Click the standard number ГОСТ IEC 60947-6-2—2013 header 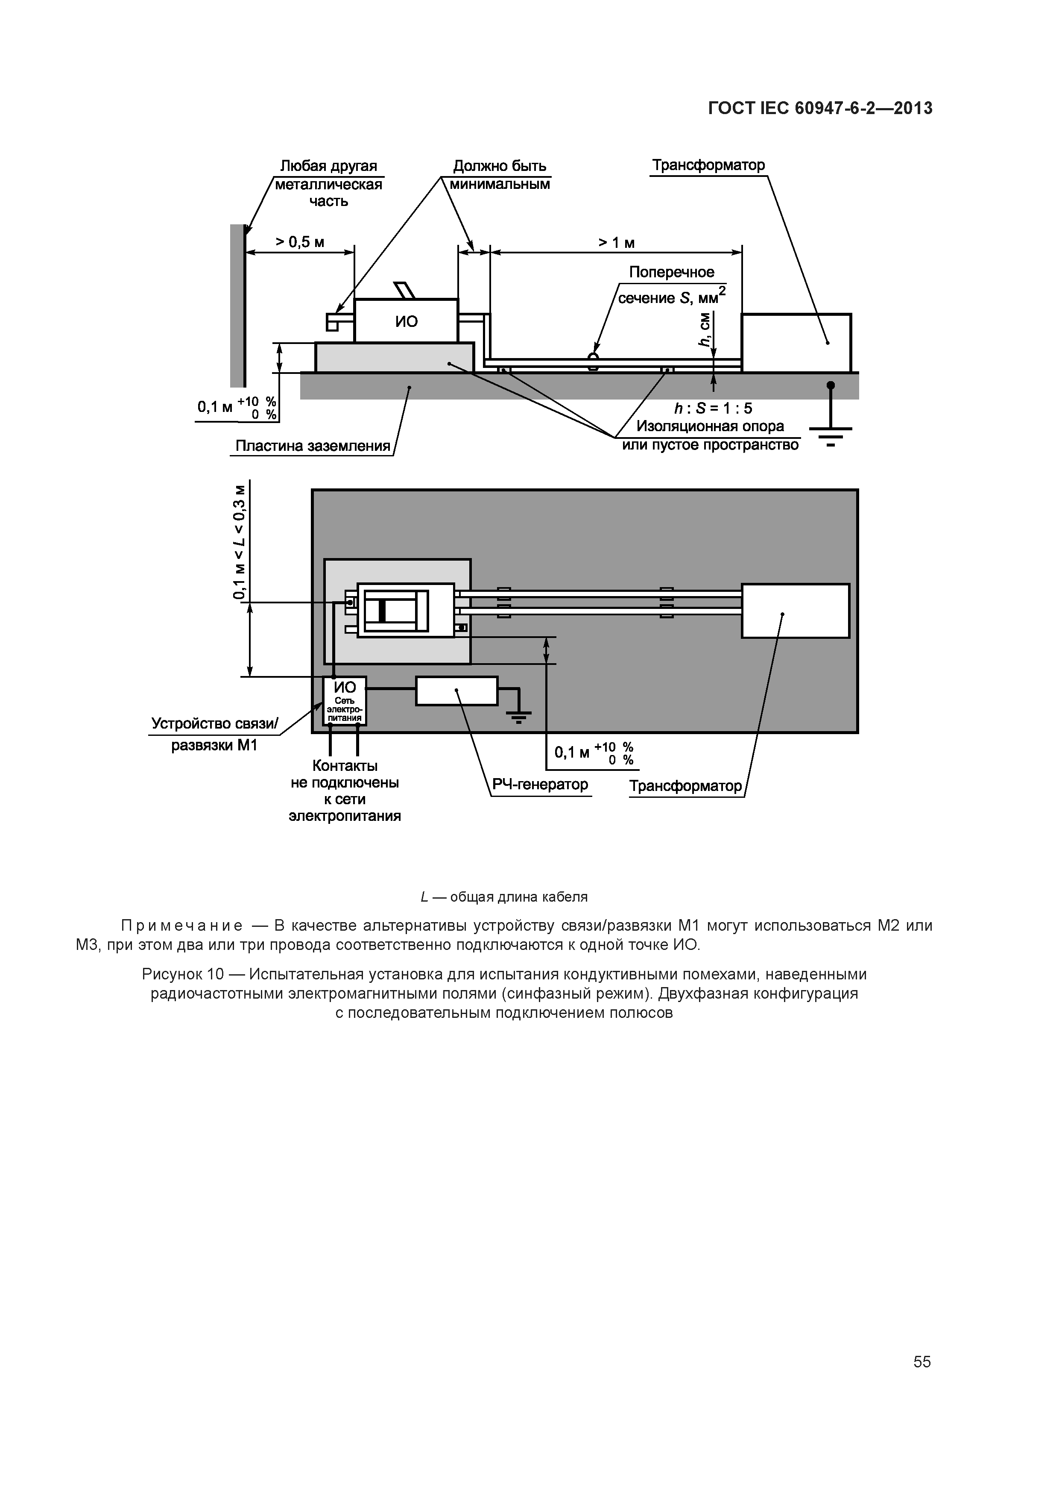click(820, 109)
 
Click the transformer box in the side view click(796, 343)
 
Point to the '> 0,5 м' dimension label click(299, 242)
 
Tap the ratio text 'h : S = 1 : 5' click(713, 409)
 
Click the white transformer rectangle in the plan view click(796, 611)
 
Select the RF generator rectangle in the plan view click(457, 691)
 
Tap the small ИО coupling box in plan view click(345, 700)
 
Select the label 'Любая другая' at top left click(328, 167)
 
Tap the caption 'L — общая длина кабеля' click(504, 897)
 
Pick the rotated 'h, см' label click(704, 330)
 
